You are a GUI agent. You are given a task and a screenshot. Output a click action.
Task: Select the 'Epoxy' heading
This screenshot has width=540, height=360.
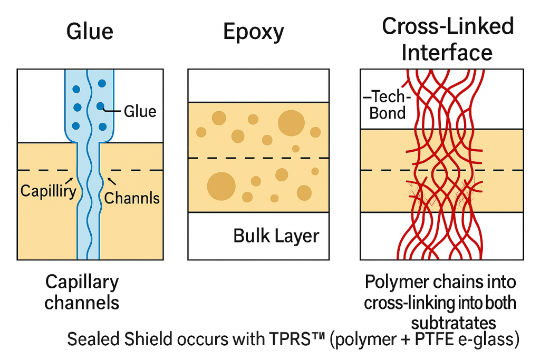[253, 33]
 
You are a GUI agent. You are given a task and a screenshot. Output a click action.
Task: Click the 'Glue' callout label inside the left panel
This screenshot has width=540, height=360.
[140, 111]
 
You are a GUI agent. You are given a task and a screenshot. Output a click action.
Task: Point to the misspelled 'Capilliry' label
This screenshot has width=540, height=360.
[48, 190]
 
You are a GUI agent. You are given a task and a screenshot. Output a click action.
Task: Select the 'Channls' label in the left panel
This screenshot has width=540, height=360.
[132, 198]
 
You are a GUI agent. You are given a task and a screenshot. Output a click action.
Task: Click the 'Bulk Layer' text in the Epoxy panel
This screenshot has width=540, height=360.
[276, 236]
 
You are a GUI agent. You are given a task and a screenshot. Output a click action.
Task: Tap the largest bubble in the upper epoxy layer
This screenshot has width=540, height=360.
[291, 123]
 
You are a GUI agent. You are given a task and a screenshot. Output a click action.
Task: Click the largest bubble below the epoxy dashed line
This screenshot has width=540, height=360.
[221, 186]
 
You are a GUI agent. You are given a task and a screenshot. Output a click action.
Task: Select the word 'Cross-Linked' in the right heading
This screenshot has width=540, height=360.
[448, 26]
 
